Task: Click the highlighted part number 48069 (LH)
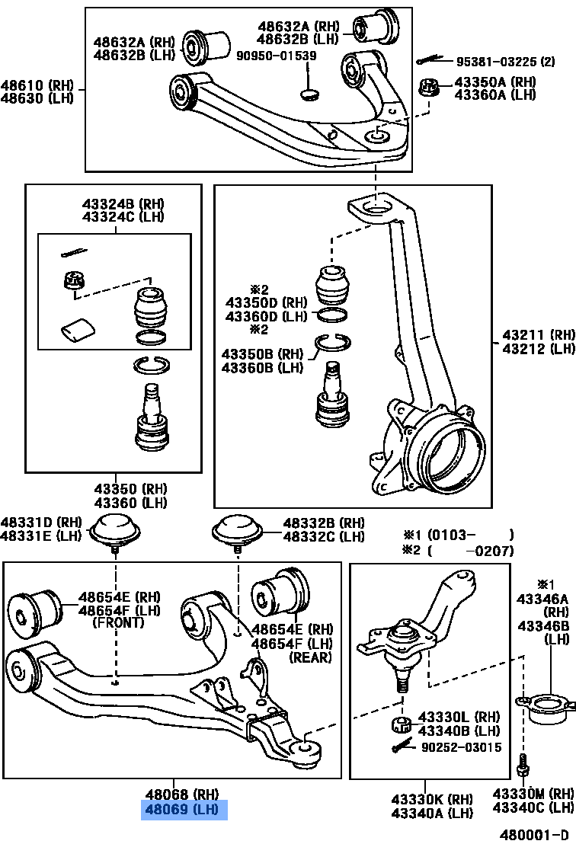(184, 808)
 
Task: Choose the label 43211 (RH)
(538, 334)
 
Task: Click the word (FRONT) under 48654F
(117, 622)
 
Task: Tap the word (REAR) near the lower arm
(309, 657)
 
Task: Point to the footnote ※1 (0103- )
(458, 535)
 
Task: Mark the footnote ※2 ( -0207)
(458, 551)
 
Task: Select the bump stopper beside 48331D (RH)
(116, 529)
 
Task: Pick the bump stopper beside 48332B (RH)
(236, 529)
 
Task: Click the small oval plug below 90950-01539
(309, 94)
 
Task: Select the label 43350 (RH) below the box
(130, 488)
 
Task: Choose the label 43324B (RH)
(123, 204)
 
